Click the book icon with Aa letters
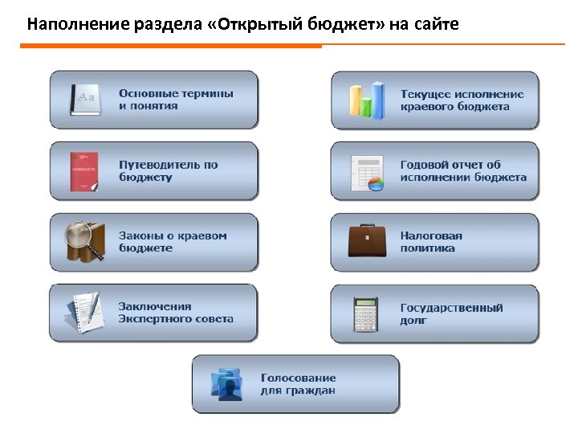click(x=85, y=100)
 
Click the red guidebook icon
click(x=83, y=171)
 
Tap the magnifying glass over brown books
click(x=84, y=241)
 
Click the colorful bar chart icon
click(x=367, y=100)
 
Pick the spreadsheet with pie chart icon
click(x=367, y=171)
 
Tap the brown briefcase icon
click(x=367, y=241)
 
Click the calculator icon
click(x=365, y=313)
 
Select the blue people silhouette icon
click(x=226, y=384)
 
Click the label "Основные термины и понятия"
click(x=176, y=100)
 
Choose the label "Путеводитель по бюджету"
click(x=168, y=170)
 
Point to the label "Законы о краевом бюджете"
click(x=173, y=242)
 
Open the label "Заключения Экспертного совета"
click(x=176, y=313)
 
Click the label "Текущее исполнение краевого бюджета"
click(x=462, y=100)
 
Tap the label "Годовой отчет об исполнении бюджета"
click(x=463, y=171)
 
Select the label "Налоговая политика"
click(x=431, y=242)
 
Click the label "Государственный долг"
click(x=451, y=313)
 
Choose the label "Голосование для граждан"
click(x=298, y=384)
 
